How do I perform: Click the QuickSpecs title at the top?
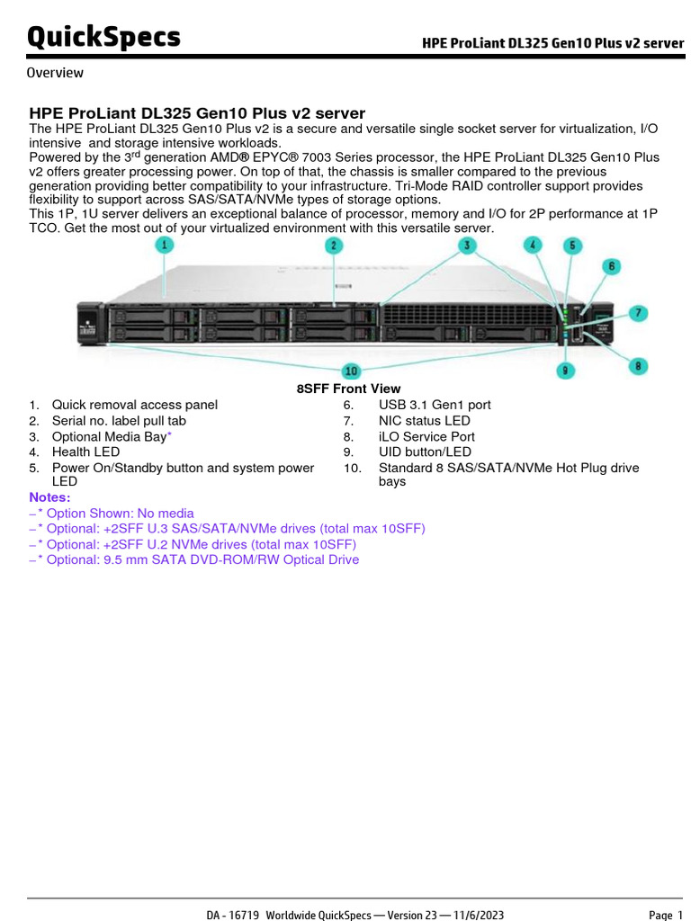pos(103,37)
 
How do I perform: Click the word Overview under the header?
pos(55,73)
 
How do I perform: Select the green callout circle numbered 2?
pos(334,246)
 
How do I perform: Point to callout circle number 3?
pos(466,245)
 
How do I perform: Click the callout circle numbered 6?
pos(611,266)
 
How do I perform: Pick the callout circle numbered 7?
pos(637,313)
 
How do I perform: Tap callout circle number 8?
pos(637,365)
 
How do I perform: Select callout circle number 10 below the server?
pos(351,371)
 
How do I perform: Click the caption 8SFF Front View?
pos(349,389)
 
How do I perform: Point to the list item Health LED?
pos(85,452)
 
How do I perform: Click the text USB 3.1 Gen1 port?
pos(435,405)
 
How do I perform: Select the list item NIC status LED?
pos(424,420)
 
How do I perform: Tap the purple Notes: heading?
pos(49,497)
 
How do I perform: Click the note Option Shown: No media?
pos(114,514)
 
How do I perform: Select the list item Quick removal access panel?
pos(134,405)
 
